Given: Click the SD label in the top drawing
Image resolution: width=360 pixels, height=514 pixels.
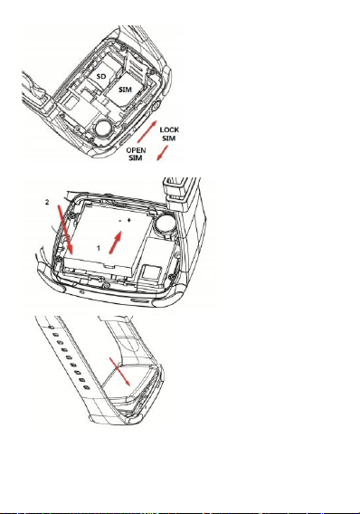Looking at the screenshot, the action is pyautogui.click(x=101, y=76).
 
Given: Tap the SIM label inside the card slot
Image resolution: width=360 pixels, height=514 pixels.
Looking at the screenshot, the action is pyautogui.click(x=125, y=90).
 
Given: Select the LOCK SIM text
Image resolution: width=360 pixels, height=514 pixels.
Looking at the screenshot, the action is pyautogui.click(x=169, y=134).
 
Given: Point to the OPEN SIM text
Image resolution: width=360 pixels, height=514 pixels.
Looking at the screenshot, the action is pyautogui.click(x=136, y=154).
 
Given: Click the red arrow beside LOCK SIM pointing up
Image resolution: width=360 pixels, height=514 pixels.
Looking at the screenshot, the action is pyautogui.click(x=147, y=131).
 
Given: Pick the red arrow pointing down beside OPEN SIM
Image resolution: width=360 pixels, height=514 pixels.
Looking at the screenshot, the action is pyautogui.click(x=163, y=153).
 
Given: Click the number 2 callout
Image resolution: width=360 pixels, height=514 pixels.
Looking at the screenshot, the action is pyautogui.click(x=47, y=203).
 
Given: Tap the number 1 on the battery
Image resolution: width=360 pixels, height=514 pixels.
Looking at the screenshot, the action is pyautogui.click(x=99, y=248).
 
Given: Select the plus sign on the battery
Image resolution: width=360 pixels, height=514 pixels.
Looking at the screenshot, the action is pyautogui.click(x=128, y=220).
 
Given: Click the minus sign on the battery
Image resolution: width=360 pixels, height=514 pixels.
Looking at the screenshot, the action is pyautogui.click(x=120, y=221).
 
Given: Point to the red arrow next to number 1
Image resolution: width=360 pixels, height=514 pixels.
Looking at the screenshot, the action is pyautogui.click(x=115, y=243).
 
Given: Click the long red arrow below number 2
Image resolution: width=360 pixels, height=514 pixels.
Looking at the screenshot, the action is pyautogui.click(x=65, y=230).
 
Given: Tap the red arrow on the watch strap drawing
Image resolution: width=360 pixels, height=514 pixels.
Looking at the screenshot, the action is pyautogui.click(x=119, y=371).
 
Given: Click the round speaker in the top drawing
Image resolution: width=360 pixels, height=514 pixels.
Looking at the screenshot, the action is pyautogui.click(x=103, y=128).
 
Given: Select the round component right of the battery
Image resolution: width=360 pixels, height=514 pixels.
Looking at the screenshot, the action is pyautogui.click(x=166, y=224).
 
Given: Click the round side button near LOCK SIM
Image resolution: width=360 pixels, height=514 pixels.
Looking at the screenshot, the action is pyautogui.click(x=155, y=106).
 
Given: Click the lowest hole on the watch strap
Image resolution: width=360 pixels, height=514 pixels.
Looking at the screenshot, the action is pyautogui.click(x=87, y=388).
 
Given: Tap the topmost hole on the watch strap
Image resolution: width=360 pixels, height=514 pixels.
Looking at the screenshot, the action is pyautogui.click(x=51, y=327).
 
